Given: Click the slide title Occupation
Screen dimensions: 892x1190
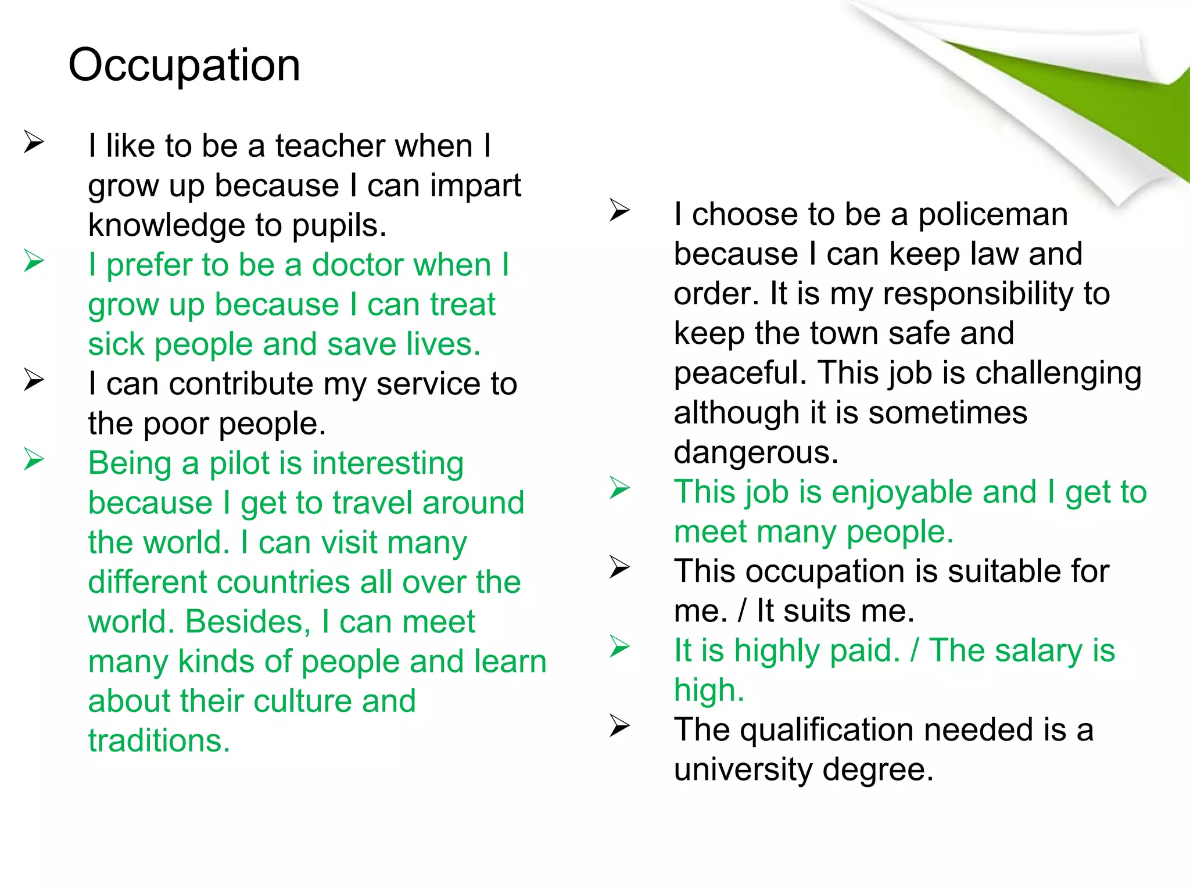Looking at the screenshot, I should (x=184, y=65).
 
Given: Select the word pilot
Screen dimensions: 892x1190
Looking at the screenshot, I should (x=240, y=464).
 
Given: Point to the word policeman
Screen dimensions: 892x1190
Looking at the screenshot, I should (x=993, y=215).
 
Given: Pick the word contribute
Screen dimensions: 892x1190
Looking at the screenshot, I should (x=241, y=384).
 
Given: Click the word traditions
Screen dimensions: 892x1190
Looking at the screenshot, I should (x=159, y=741).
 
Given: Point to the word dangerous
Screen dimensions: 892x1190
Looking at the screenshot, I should (x=756, y=452).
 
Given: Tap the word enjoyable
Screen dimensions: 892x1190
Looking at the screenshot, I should (x=934, y=492).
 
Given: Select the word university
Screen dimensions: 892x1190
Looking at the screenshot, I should (x=743, y=769).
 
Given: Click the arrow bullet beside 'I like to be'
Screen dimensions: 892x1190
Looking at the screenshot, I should (x=34, y=142).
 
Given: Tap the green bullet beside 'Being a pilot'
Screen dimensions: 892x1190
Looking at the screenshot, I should (x=34, y=460).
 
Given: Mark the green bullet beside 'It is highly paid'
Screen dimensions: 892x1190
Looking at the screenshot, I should (x=619, y=647).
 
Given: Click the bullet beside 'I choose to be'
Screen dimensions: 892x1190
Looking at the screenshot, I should (x=619, y=211).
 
